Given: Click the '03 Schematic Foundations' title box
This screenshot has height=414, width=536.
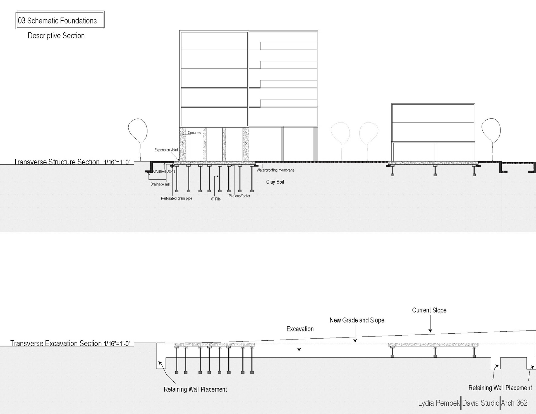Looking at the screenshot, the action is pos(60,20).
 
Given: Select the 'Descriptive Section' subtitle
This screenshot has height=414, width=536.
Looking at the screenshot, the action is pos(56,36).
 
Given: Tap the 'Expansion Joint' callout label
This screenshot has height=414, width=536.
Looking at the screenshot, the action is pos(166,150).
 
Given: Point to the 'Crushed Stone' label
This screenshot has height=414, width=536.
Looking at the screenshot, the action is pos(164,171).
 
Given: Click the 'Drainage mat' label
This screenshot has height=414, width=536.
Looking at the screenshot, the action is pos(160,184).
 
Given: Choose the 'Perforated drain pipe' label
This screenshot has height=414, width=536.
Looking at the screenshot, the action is pos(176,198).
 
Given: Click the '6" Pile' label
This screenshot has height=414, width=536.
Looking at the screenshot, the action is pos(216,199).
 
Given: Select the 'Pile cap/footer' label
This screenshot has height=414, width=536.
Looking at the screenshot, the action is pos(239,196).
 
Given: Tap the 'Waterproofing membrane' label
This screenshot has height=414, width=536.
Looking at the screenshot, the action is pos(275,170).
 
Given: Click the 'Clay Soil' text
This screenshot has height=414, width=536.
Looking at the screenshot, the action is pos(275,182).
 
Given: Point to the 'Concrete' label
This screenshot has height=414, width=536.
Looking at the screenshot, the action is pos(194,133).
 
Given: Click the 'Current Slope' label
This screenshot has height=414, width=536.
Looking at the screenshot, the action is pos(429,310).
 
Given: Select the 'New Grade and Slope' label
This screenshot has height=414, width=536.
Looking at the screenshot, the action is pos(357,320).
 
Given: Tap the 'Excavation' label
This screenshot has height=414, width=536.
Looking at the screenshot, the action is pos(300,329).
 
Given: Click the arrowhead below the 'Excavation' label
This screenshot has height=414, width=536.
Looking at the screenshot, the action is pos(299,349).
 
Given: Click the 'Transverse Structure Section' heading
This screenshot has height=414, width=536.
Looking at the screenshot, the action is pos(57,162).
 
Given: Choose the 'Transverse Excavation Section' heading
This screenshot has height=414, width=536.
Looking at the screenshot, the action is pos(56,343).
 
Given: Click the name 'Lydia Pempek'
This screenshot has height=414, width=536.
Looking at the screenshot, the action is pos(439,403).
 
